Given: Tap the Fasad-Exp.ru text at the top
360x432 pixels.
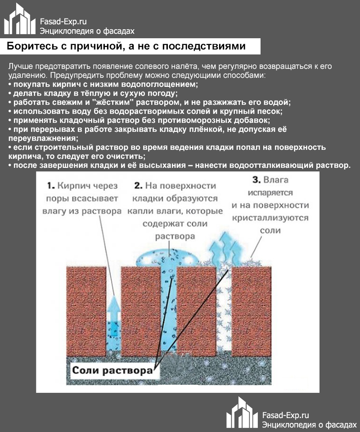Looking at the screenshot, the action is (63, 22).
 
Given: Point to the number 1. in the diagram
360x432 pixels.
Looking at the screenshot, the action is (51, 186).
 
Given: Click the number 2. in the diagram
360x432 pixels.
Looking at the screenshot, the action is (138, 186).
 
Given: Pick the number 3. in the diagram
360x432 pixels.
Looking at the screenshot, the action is (256, 180).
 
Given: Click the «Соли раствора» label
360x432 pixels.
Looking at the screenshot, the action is (112, 370).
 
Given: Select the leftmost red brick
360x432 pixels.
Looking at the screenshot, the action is (86, 311).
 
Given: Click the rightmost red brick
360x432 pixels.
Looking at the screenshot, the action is (251, 311).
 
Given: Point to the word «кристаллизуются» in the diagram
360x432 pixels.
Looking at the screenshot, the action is (270, 218).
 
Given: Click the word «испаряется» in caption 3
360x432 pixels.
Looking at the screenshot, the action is (270, 193).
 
